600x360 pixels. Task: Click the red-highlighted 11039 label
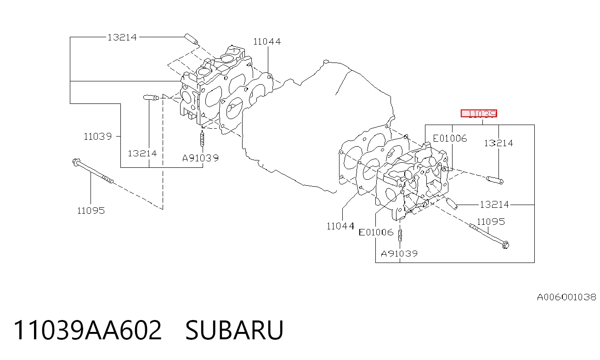479,114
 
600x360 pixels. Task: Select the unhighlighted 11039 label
97,137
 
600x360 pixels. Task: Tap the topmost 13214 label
122,37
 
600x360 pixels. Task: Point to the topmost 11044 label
267,41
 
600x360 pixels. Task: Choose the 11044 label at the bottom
340,226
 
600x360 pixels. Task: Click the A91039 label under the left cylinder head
200,158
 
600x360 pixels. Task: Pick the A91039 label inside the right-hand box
399,254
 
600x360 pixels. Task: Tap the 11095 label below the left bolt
91,211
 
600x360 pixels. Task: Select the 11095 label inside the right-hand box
491,222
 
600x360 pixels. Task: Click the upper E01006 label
450,138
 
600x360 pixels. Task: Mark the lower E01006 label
376,232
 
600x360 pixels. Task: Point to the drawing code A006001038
566,297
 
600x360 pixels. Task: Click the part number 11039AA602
88,330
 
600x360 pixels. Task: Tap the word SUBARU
234,330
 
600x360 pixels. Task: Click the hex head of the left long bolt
76,162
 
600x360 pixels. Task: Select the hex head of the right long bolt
505,245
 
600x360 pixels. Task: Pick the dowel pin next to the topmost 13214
191,39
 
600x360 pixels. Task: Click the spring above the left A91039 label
202,139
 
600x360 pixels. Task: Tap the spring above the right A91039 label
400,236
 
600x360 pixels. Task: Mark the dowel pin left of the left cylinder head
151,97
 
